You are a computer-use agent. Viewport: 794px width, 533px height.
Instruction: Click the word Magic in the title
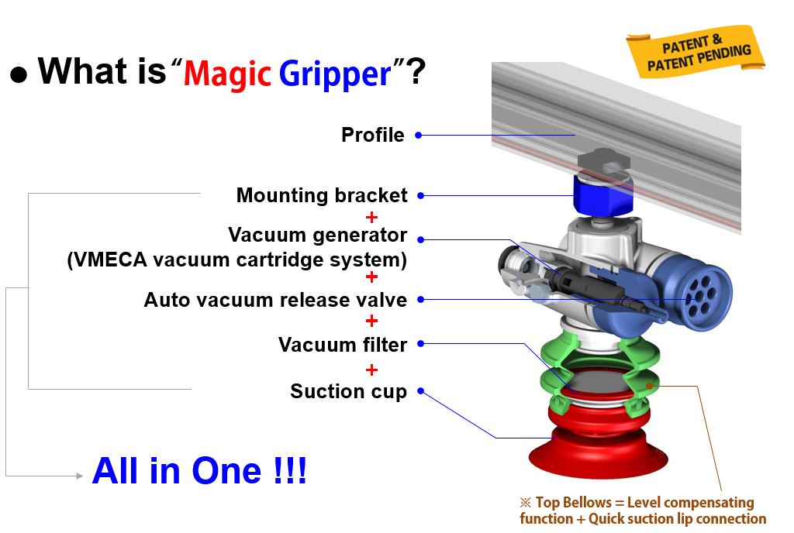tap(227, 74)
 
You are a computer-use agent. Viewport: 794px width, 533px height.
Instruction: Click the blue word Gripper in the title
tap(335, 74)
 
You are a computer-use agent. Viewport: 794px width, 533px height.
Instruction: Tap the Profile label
tap(373, 135)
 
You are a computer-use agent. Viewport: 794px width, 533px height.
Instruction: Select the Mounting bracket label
tap(322, 195)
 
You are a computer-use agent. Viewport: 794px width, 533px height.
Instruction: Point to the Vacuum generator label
tap(317, 236)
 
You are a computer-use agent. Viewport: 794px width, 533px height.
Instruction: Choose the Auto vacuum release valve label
tap(275, 300)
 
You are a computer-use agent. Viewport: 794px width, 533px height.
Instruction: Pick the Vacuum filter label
tap(342, 345)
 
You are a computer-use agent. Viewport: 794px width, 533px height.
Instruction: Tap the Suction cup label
tap(348, 391)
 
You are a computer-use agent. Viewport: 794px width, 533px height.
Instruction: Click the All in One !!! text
tap(199, 471)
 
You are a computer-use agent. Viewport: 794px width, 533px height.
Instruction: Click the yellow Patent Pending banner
tap(696, 52)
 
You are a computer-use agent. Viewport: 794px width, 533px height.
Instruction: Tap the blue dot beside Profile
tap(418, 135)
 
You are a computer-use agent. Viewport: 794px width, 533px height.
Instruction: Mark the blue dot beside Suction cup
tap(420, 391)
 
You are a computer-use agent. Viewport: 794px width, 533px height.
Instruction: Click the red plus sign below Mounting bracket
tap(371, 218)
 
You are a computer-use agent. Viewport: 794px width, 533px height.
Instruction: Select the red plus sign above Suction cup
tap(371, 370)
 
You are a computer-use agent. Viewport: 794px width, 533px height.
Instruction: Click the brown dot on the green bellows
tap(649, 387)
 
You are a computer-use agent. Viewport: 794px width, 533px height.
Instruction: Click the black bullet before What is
tap(19, 74)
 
